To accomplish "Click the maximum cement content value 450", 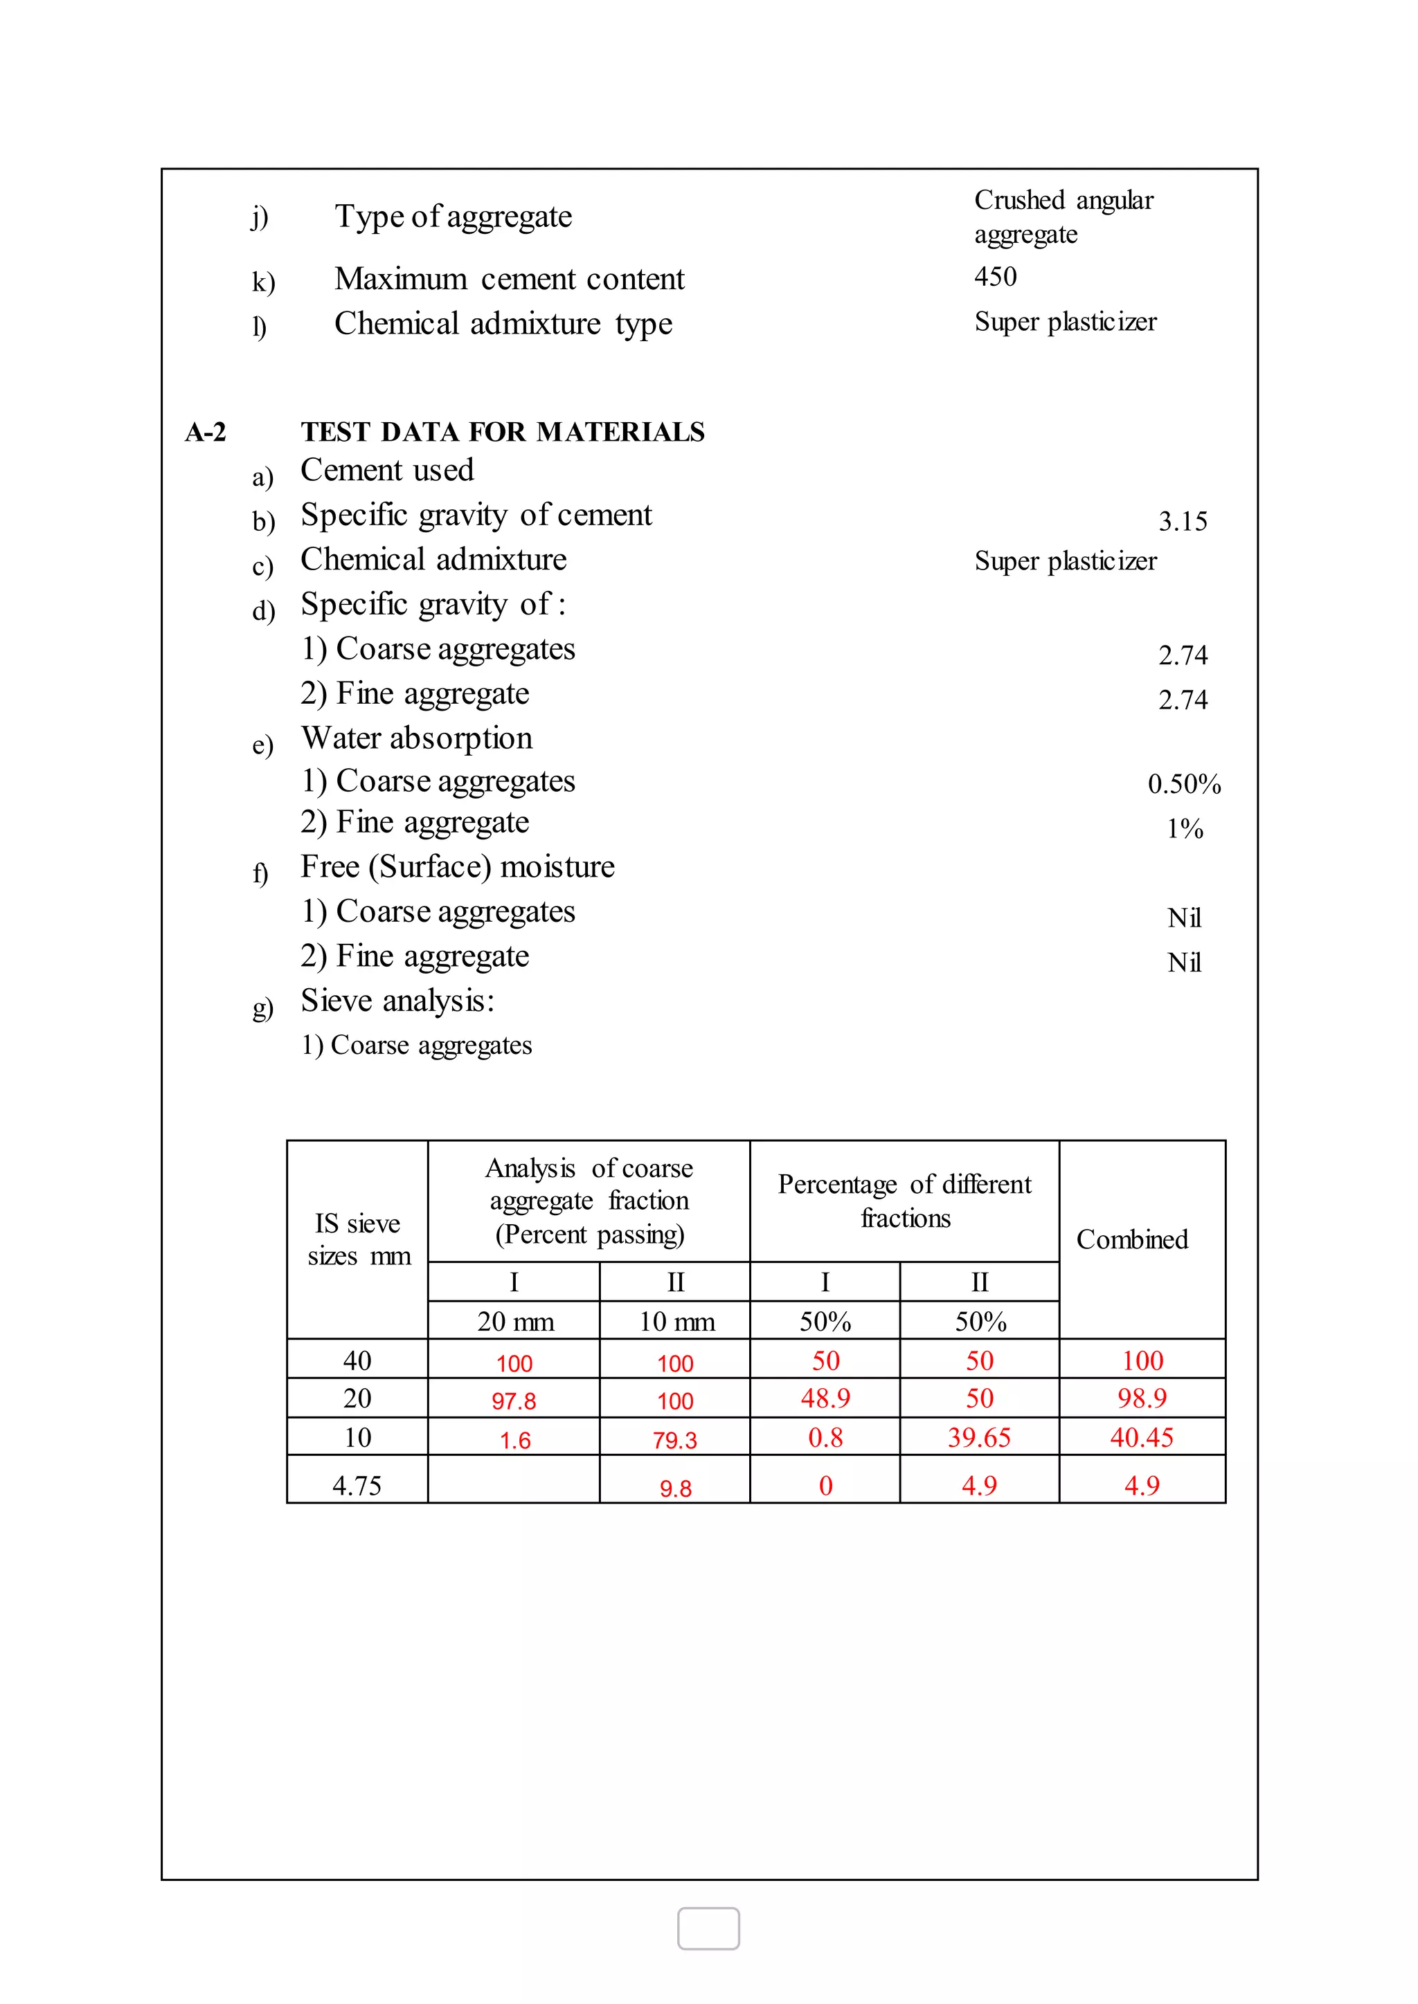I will click(x=996, y=277).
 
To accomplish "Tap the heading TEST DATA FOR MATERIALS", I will click(x=502, y=431).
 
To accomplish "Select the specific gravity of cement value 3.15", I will click(x=1183, y=521).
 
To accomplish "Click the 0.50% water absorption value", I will click(x=1183, y=784).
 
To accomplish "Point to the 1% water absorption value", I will click(x=1185, y=828).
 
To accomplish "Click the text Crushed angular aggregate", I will click(x=1063, y=217).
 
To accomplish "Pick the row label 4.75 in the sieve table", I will click(x=357, y=1485).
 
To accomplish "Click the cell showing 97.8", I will click(x=514, y=1401).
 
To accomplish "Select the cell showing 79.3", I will click(x=675, y=1440).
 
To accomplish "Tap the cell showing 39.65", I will click(x=979, y=1437).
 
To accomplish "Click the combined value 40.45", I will click(x=1141, y=1437).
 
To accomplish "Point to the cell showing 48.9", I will click(x=825, y=1399).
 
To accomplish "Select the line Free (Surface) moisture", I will click(x=458, y=866).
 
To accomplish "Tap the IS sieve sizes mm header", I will click(x=358, y=1239).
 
